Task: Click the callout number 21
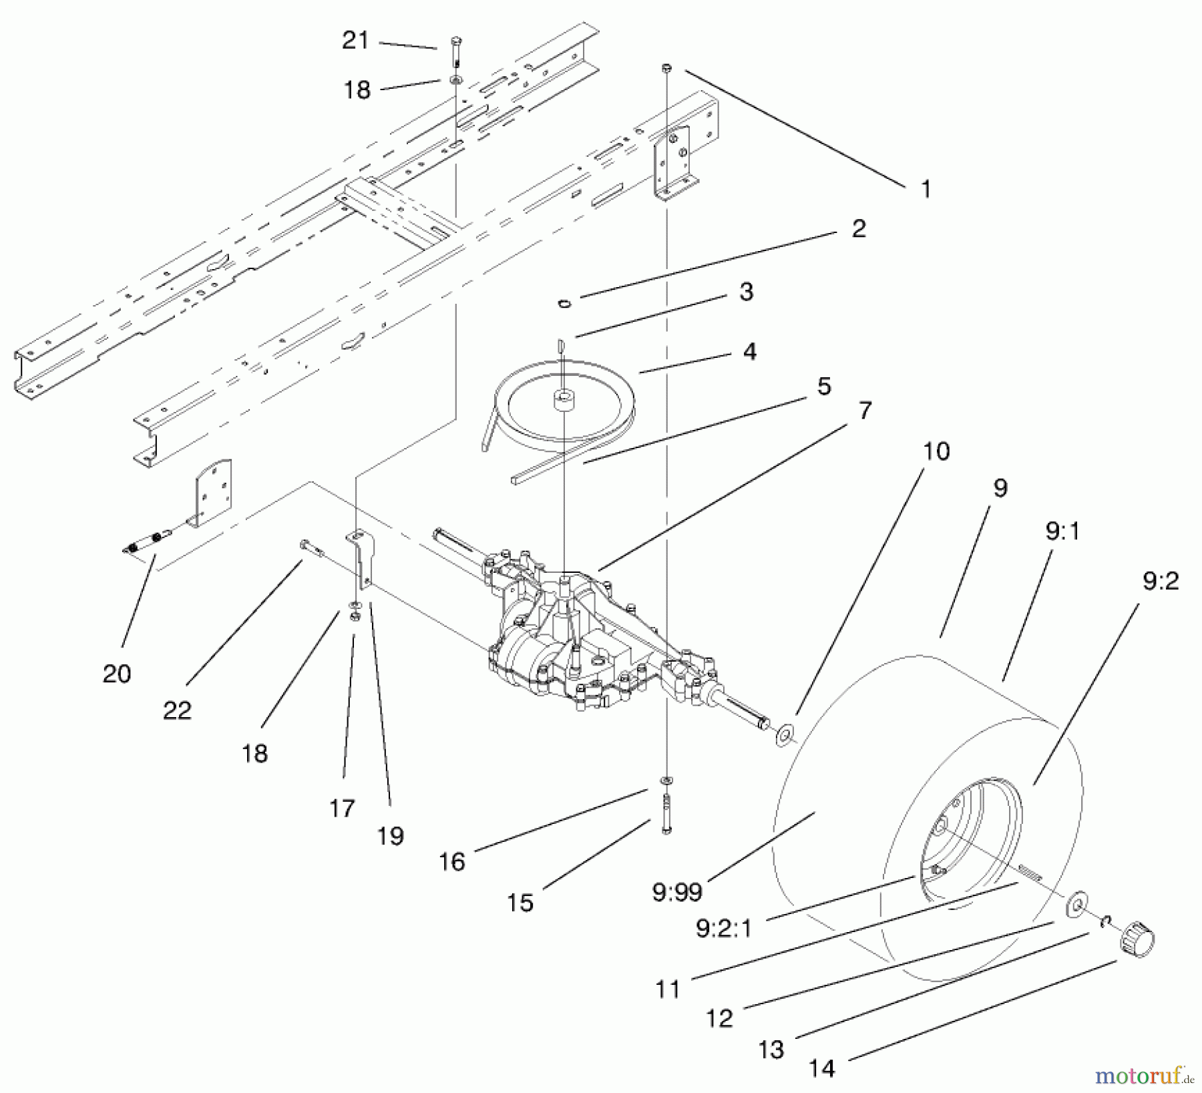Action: click(355, 41)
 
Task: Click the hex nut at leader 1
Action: click(666, 68)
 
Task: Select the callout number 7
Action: click(865, 411)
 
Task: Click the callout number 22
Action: click(177, 710)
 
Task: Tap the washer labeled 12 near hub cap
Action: click(1075, 903)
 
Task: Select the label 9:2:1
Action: click(724, 928)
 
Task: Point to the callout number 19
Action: click(391, 836)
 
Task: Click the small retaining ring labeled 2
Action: click(565, 303)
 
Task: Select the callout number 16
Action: click(452, 861)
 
